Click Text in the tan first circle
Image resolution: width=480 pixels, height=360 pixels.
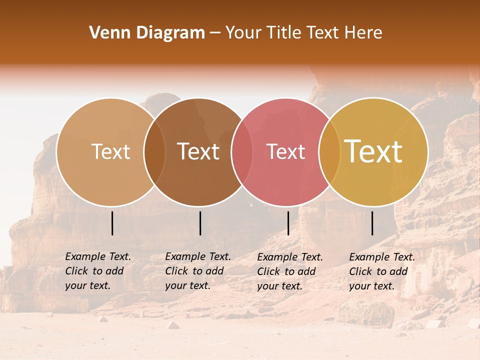tap(110, 151)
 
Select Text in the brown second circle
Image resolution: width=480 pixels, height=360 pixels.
tap(198, 151)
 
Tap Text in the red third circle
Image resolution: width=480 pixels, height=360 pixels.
tap(286, 151)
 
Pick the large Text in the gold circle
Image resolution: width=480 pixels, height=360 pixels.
tap(373, 151)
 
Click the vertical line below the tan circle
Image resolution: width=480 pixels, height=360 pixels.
tap(112, 223)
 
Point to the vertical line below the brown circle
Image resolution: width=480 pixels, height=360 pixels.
tap(200, 223)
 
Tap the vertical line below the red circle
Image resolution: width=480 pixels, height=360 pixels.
tap(288, 223)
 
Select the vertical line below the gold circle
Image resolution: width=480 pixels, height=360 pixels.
tap(372, 223)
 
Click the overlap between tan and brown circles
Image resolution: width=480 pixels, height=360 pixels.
tap(154, 151)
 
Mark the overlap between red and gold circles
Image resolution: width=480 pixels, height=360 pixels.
tap(329, 151)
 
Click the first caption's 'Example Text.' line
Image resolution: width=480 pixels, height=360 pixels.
tap(98, 256)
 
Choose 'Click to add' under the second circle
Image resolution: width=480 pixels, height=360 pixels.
tap(194, 271)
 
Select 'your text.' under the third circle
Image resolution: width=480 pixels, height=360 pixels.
tap(279, 286)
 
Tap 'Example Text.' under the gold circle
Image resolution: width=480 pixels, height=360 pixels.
tap(382, 257)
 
